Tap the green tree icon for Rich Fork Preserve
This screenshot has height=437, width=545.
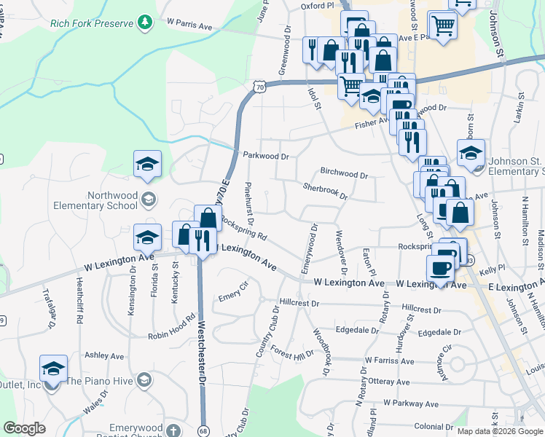point(146,23)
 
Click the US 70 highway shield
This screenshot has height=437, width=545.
point(260,87)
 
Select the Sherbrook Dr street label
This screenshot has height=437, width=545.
point(326,191)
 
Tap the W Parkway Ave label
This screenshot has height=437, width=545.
point(411,403)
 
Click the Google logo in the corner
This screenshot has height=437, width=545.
point(24,428)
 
